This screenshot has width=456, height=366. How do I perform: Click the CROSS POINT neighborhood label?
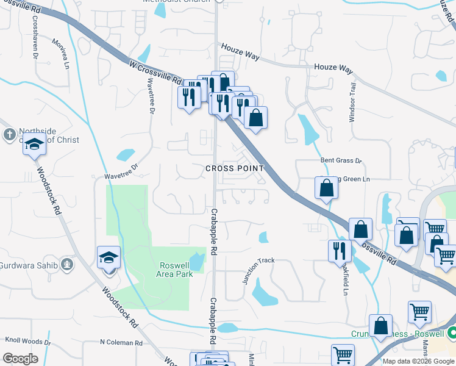235,168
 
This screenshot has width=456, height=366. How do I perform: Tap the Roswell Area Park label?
176,270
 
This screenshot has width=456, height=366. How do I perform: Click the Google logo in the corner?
20,359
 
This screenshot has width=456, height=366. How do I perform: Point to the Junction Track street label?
259,270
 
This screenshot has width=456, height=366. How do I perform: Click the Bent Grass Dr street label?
341,160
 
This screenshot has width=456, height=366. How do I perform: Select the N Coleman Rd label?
121,343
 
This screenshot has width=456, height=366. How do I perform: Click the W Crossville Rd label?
156,72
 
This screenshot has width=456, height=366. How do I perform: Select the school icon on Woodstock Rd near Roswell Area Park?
109,258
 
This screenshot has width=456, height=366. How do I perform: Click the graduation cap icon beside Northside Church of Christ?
35,146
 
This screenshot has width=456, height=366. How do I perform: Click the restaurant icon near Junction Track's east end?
340,251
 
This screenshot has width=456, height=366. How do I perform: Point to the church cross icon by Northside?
10,134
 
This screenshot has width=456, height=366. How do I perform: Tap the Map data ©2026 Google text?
418,361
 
